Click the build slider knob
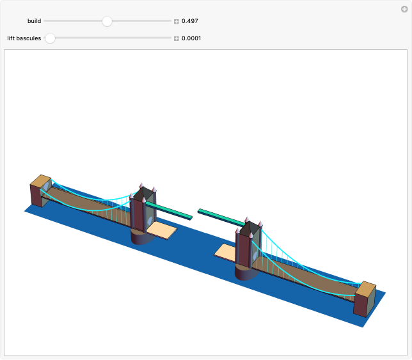click(x=107, y=21)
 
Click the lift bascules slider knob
click(x=50, y=38)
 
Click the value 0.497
click(x=190, y=21)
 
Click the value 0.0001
click(x=192, y=38)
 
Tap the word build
click(x=34, y=21)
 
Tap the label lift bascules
click(x=24, y=38)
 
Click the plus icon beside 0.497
click(x=177, y=21)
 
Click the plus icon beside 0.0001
click(x=177, y=38)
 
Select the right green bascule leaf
click(x=221, y=217)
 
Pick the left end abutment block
click(x=40, y=191)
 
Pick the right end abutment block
click(x=365, y=299)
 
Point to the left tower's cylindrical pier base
click(x=141, y=237)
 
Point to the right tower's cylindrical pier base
click(x=246, y=271)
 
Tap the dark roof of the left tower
click(x=145, y=194)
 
